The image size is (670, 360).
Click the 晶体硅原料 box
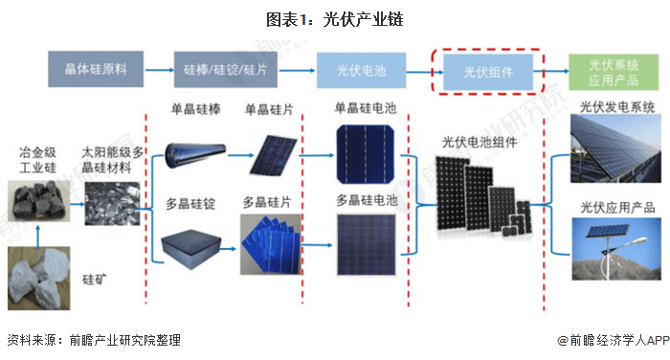coord(96,69)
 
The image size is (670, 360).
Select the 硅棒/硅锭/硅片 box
coord(226,70)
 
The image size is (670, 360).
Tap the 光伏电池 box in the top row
coord(361,71)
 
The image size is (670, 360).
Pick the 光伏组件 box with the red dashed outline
coord(488,72)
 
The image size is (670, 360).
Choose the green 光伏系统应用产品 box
coord(614,72)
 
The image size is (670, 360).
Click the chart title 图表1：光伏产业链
coord(335,20)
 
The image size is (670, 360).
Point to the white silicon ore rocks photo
coord(39,279)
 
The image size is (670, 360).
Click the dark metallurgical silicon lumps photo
coord(39,201)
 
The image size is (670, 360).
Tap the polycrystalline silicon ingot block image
coord(190,248)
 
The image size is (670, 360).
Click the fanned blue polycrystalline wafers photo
coord(271,244)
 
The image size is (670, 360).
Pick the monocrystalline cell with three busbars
coord(366,154)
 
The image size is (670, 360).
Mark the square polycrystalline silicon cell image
coord(367,245)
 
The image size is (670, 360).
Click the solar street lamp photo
coord(616,249)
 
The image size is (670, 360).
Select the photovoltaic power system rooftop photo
coord(615,148)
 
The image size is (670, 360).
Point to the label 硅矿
coord(95,280)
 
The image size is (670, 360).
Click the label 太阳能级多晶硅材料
coord(112,160)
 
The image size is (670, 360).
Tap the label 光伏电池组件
coord(480,143)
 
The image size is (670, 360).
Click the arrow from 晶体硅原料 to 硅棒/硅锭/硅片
coord(159,70)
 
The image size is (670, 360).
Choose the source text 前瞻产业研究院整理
coord(124,340)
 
